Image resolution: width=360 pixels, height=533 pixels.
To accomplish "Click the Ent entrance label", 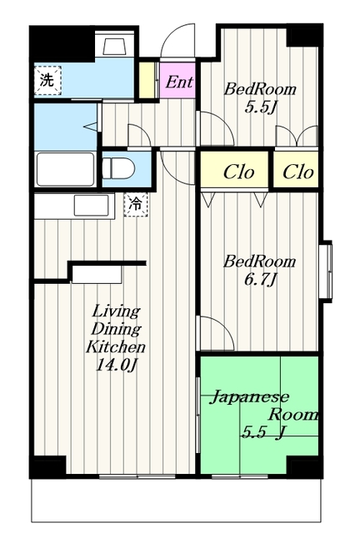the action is tap(179, 82).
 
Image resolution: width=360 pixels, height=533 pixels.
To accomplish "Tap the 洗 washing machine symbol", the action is tap(47, 81).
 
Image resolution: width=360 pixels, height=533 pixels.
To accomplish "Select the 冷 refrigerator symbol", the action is tap(136, 204).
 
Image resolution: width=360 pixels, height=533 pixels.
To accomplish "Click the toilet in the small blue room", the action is tap(119, 168).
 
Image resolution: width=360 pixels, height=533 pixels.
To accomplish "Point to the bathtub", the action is tap(65, 169).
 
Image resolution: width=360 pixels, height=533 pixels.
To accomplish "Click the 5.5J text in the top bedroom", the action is tap(260, 107).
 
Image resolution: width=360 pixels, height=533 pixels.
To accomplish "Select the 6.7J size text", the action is tap(260, 280).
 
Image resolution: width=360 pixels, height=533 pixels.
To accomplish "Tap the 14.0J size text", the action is tap(116, 366).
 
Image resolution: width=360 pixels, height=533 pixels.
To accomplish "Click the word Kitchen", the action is tap(116, 347).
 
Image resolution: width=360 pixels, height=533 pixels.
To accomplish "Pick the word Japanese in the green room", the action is tap(249, 397).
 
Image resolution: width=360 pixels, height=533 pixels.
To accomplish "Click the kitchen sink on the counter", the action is tap(91, 206).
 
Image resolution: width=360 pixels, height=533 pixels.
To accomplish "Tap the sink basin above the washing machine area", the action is tap(115, 46).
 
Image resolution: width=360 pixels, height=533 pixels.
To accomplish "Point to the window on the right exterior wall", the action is tap(328, 271).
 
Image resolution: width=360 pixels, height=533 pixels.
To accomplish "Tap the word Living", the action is tap(117, 311).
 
